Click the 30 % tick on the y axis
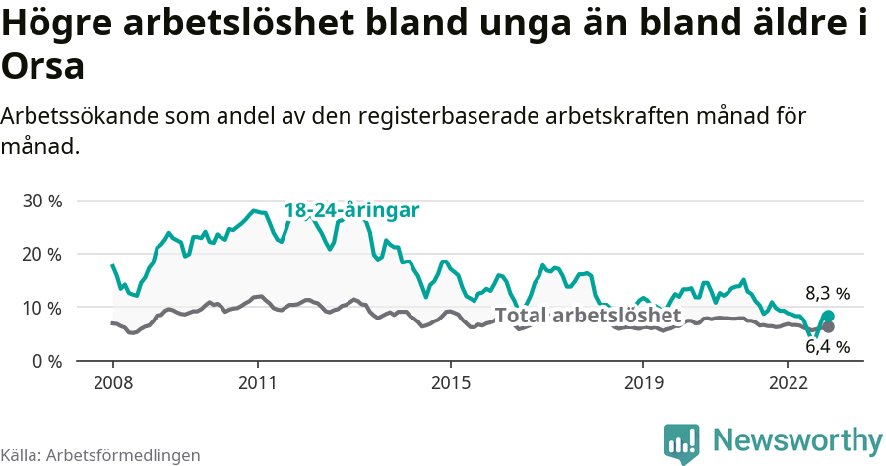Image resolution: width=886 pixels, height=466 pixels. [x=40, y=201]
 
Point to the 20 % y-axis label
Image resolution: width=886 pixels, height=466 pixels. [x=40, y=254]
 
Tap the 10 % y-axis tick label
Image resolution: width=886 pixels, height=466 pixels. [x=40, y=308]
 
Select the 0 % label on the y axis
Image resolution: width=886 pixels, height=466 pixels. [x=45, y=361]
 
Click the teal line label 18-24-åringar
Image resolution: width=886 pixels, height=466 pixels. [x=351, y=210]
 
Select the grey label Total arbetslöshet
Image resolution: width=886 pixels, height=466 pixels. [x=588, y=316]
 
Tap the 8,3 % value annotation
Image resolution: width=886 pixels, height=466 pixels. [x=827, y=293]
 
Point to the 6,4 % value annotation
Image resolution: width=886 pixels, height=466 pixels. [x=827, y=346]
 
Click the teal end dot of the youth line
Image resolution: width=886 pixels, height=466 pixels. [x=828, y=317]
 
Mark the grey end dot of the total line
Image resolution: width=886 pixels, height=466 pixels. [x=828, y=326]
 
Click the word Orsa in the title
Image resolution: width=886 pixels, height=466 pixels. [x=42, y=67]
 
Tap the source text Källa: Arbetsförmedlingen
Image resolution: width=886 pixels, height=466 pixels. [x=100, y=455]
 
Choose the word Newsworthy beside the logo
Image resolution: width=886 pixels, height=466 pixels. [x=797, y=439]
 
